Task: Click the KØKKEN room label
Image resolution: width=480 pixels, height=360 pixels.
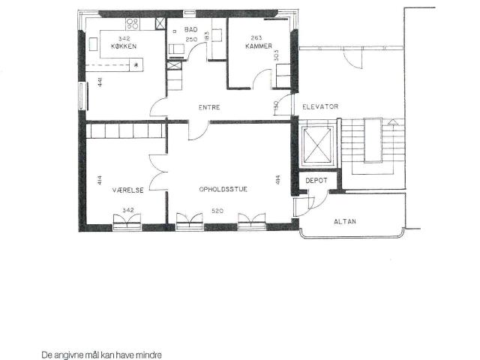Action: coord(124,46)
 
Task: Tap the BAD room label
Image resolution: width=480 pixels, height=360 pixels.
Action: coord(191,30)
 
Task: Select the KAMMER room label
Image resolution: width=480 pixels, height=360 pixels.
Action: coord(259,46)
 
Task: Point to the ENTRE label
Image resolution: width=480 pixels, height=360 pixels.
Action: coord(209,107)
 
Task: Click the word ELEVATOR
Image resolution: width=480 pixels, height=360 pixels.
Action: coord(320,106)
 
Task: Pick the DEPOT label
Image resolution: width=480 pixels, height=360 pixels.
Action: coord(316,181)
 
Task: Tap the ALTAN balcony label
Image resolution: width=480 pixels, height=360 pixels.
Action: coord(345,221)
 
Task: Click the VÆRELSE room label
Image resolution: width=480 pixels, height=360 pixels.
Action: coord(128,190)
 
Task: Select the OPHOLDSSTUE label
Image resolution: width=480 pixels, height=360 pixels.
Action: coord(223,189)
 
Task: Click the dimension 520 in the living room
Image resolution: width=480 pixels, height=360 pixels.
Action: coord(217,211)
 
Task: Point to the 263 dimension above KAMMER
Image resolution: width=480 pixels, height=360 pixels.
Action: coord(256,38)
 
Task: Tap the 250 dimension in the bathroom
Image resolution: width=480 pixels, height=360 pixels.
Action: coord(192,39)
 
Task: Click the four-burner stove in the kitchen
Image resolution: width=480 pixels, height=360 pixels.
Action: coord(133,24)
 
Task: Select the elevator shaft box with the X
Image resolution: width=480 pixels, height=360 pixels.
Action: coord(317,144)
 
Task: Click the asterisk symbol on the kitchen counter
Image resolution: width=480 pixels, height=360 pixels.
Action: coord(136,65)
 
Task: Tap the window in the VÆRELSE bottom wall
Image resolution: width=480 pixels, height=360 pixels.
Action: coord(127,222)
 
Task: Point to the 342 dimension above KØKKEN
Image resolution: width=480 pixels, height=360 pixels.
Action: coord(124,38)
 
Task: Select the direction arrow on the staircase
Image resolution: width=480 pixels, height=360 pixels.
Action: coord(392,121)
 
